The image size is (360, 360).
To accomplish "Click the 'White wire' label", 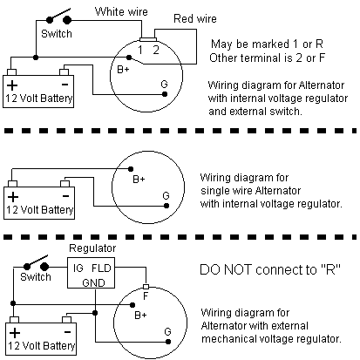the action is [121, 11].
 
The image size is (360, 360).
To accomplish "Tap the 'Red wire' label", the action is [195, 19].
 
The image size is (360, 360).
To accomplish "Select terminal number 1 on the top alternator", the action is [140, 50].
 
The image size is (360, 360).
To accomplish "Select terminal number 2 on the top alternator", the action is [156, 50].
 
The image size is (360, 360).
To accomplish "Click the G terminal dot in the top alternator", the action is [165, 94].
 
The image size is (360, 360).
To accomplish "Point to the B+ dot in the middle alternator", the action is [131, 169].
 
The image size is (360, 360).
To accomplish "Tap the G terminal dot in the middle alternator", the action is [166, 206].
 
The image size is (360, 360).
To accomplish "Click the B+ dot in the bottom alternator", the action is [132, 305].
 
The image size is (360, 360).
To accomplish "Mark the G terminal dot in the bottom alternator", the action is [168, 342].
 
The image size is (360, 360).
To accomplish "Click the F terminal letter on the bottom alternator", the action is [146, 296].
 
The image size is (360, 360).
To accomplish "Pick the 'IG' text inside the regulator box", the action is [78, 268].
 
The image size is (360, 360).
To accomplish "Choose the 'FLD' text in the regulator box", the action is [101, 268].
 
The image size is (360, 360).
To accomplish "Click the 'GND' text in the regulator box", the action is [93, 282].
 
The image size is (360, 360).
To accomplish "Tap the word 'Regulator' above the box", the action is [92, 248].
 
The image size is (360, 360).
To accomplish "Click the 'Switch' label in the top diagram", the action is [57, 34].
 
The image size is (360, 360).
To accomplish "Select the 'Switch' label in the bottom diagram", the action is [36, 277].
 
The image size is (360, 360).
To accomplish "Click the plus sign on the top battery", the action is [12, 85].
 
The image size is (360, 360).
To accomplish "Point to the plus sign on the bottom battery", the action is [15, 333].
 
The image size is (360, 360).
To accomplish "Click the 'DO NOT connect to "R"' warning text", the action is [270, 269].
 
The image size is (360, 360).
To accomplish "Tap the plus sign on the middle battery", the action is [13, 197].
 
